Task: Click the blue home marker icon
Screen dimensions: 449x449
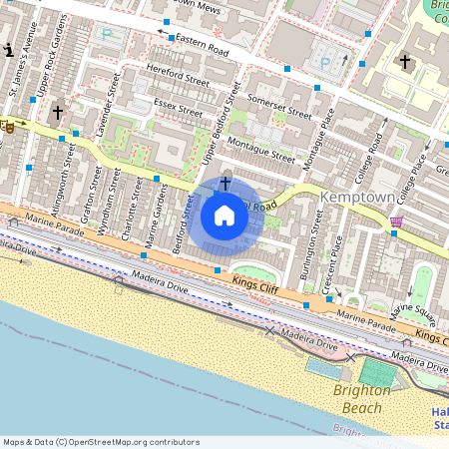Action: click(x=224, y=215)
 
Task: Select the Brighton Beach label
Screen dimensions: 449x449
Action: click(x=362, y=399)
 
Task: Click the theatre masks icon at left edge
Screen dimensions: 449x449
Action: click(x=7, y=126)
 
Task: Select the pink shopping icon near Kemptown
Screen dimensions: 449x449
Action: click(x=397, y=222)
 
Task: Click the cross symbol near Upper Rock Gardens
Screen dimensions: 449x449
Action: click(x=58, y=114)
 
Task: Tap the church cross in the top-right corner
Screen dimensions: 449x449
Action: click(x=404, y=62)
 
